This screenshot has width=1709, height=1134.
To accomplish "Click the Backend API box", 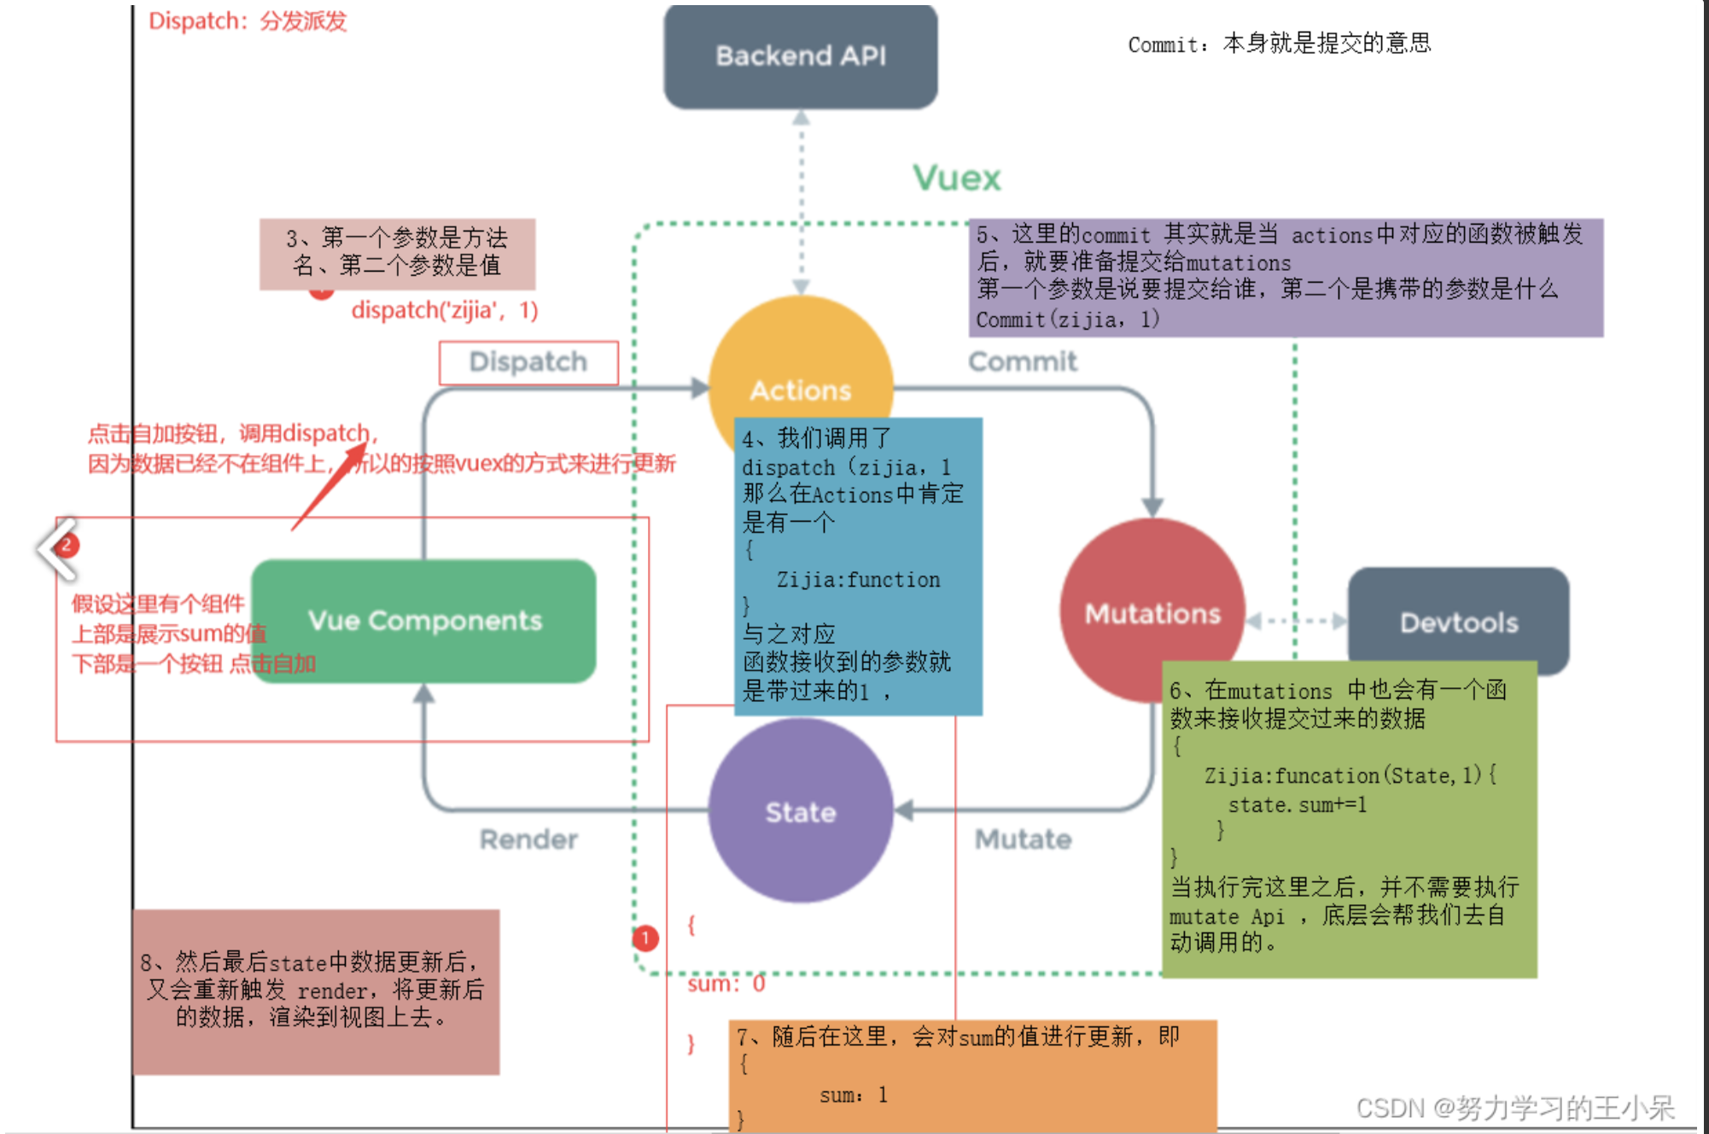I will (800, 56).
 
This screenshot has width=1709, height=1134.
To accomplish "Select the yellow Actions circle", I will (800, 359).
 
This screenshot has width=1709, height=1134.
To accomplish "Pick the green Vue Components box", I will (424, 621).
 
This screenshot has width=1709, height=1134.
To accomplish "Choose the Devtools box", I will (1458, 623).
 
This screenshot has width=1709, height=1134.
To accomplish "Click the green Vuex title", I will (956, 178).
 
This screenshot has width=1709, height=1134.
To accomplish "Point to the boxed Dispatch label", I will (528, 362).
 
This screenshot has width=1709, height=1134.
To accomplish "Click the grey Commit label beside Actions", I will (1022, 361).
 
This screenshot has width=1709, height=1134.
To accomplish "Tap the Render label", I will (528, 839).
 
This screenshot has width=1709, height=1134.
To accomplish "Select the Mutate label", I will (1023, 839).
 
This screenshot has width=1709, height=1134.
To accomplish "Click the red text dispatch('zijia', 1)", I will (445, 310).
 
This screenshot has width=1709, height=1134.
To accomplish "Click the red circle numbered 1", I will (645, 938).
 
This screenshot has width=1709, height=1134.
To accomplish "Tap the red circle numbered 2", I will (66, 545).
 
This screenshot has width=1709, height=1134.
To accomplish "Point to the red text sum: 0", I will (726, 985).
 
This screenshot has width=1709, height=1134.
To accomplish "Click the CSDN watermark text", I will (1515, 1108).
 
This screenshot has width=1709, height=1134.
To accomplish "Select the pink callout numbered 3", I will (397, 253).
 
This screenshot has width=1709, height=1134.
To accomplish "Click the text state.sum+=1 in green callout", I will (1297, 804).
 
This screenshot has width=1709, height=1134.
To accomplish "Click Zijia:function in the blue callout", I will (857, 580).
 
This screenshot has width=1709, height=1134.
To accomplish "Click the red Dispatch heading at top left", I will (248, 20).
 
